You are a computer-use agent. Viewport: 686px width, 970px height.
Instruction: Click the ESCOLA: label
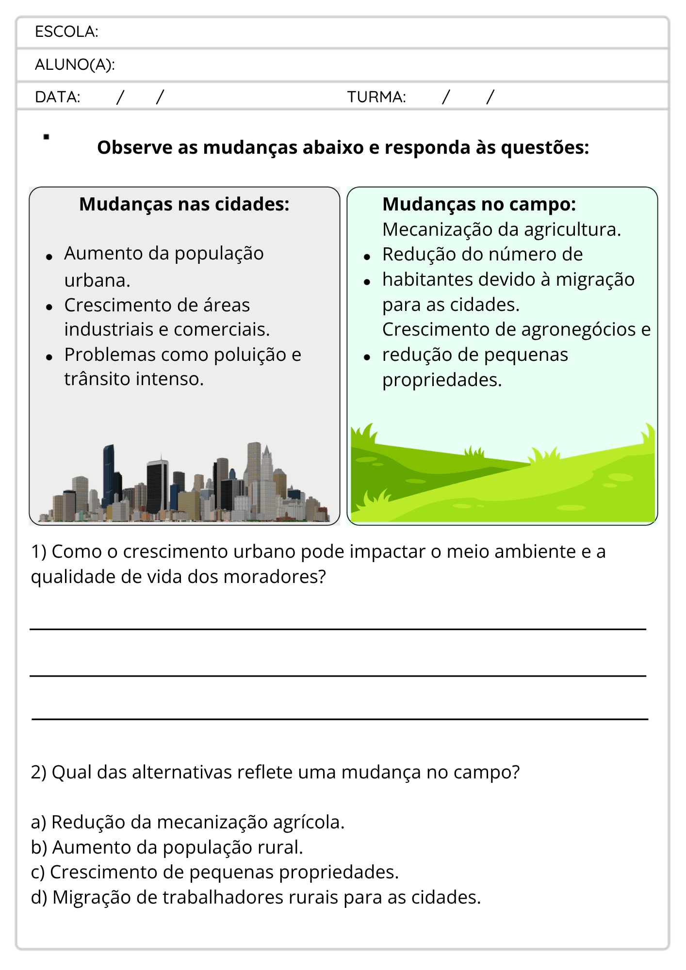66,32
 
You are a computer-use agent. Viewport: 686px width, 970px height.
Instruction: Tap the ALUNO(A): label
75,65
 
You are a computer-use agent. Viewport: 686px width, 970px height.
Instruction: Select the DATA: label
57,97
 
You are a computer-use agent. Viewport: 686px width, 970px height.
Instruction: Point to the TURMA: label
376,97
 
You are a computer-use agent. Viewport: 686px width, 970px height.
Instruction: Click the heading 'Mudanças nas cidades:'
184,204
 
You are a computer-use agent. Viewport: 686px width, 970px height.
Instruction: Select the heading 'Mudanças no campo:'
479,204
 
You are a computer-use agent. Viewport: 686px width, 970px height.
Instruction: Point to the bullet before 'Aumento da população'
49,257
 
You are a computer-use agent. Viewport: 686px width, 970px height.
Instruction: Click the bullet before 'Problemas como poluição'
49,357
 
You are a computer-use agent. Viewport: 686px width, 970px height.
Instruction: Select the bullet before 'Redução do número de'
367,257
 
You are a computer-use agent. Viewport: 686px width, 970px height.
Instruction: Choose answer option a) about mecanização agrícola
187,822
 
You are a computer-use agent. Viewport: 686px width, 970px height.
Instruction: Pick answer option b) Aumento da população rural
167,847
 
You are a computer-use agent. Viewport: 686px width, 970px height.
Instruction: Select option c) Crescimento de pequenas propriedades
214,872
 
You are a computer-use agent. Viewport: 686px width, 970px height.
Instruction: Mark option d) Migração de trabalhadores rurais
256,897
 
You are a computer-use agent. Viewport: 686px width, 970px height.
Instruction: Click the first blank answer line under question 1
338,629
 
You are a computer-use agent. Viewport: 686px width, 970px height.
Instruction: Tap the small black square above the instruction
46,137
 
